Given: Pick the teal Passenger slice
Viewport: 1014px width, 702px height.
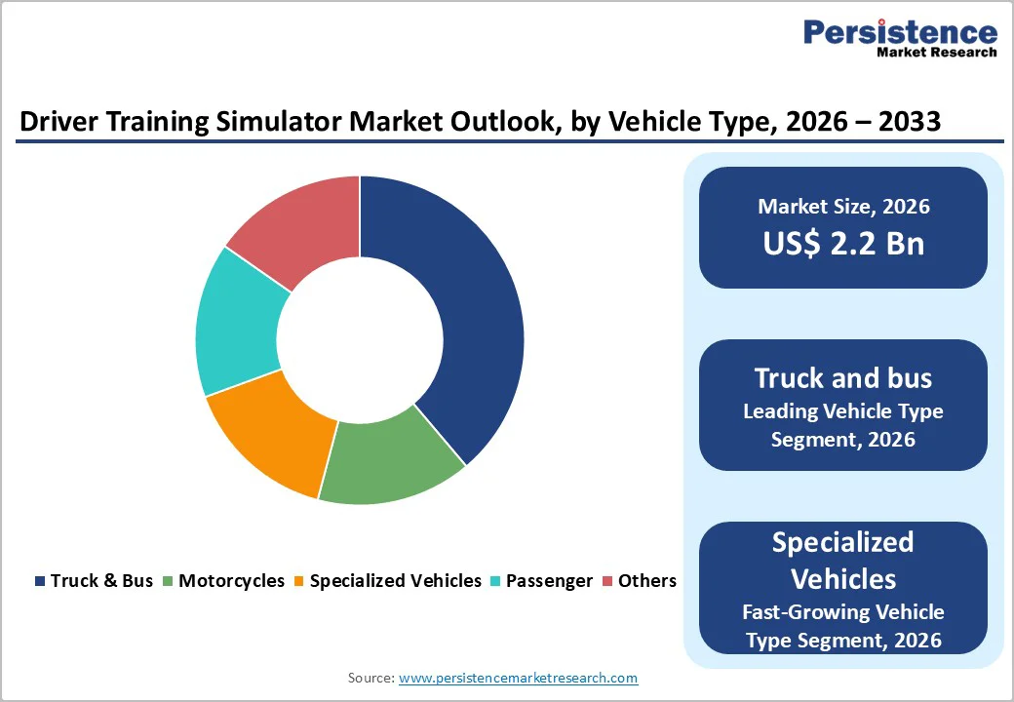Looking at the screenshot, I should point(238,322).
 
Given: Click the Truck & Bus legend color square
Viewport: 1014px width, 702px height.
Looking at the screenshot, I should point(40,581).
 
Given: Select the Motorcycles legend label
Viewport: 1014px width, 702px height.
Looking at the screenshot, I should point(231,581).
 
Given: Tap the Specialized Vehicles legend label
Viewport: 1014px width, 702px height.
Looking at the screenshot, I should point(395,581).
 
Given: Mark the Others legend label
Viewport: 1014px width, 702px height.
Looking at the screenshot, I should point(646,581).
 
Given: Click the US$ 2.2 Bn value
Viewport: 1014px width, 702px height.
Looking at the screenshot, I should point(843,243).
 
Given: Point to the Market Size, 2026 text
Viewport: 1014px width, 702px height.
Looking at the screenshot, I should point(843,207).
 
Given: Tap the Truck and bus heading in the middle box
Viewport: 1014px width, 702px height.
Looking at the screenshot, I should point(843,378).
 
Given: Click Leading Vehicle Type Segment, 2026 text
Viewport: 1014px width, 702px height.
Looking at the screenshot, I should point(843,425).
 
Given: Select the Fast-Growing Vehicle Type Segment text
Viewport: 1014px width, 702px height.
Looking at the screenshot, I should point(843,626).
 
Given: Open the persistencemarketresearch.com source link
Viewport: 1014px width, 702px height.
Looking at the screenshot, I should point(518,678).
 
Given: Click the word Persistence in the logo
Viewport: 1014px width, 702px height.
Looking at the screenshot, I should point(900,32).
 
